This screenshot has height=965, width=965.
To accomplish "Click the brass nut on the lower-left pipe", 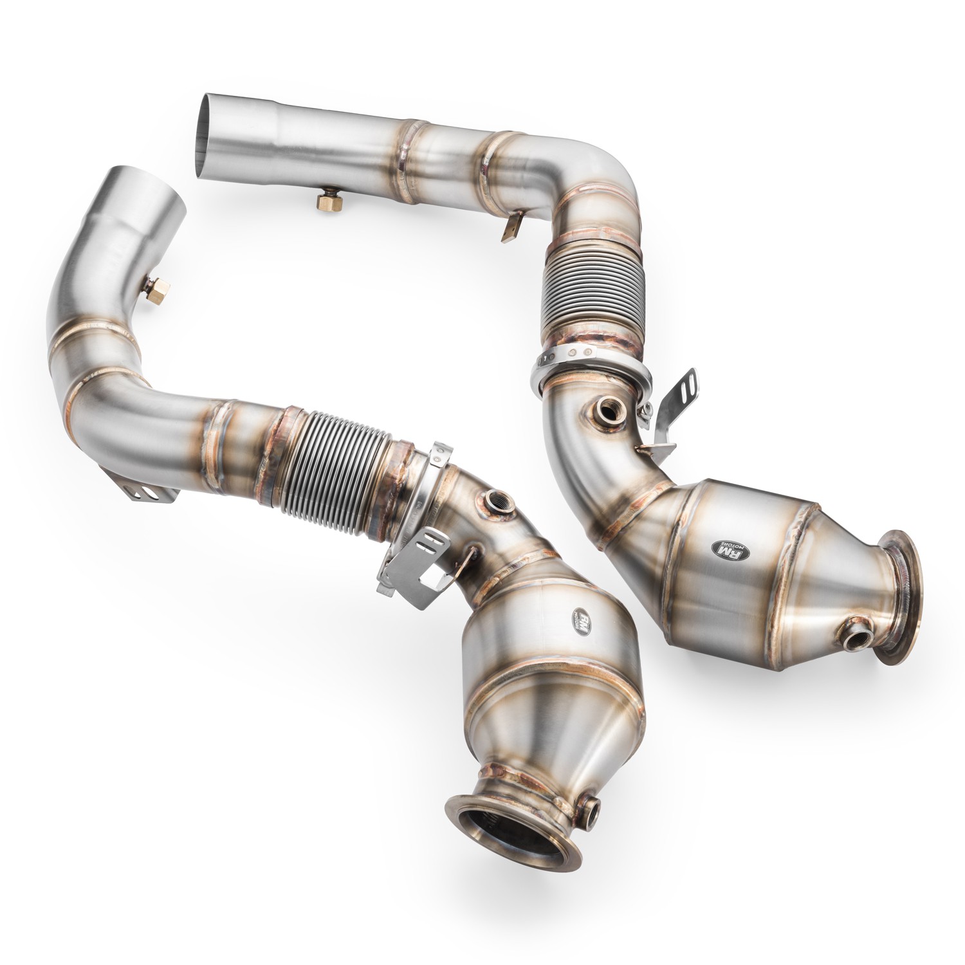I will (x=156, y=288).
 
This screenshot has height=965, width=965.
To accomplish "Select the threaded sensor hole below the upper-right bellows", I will (x=607, y=409).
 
